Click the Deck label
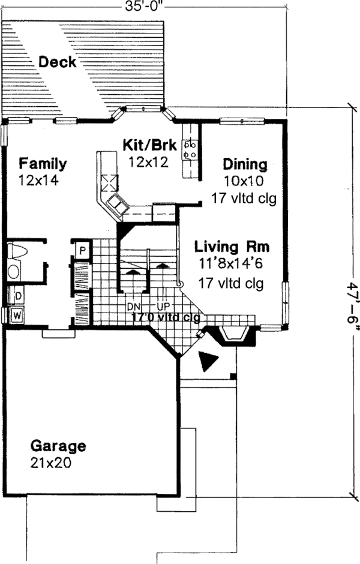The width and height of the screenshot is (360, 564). [58, 61]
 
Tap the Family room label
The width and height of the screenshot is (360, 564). [42, 163]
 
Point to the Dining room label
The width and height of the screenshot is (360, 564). [244, 164]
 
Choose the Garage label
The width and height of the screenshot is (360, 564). [58, 446]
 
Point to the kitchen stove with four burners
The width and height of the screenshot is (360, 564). [191, 149]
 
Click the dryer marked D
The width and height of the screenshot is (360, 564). [17, 296]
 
